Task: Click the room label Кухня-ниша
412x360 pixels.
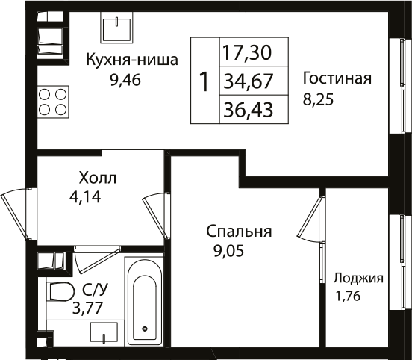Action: pyautogui.click(x=131, y=60)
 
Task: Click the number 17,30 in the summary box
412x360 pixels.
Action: pyautogui.click(x=245, y=52)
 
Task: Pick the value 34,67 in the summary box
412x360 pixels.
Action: pyautogui.click(x=245, y=81)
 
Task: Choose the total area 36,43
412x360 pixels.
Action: pyautogui.click(x=245, y=110)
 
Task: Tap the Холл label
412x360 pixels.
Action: pyautogui.click(x=98, y=179)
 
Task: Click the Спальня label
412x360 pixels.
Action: pyautogui.click(x=239, y=232)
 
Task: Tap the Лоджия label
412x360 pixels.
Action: pyautogui.click(x=358, y=279)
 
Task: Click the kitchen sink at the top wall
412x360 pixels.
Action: pyautogui.click(x=116, y=30)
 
